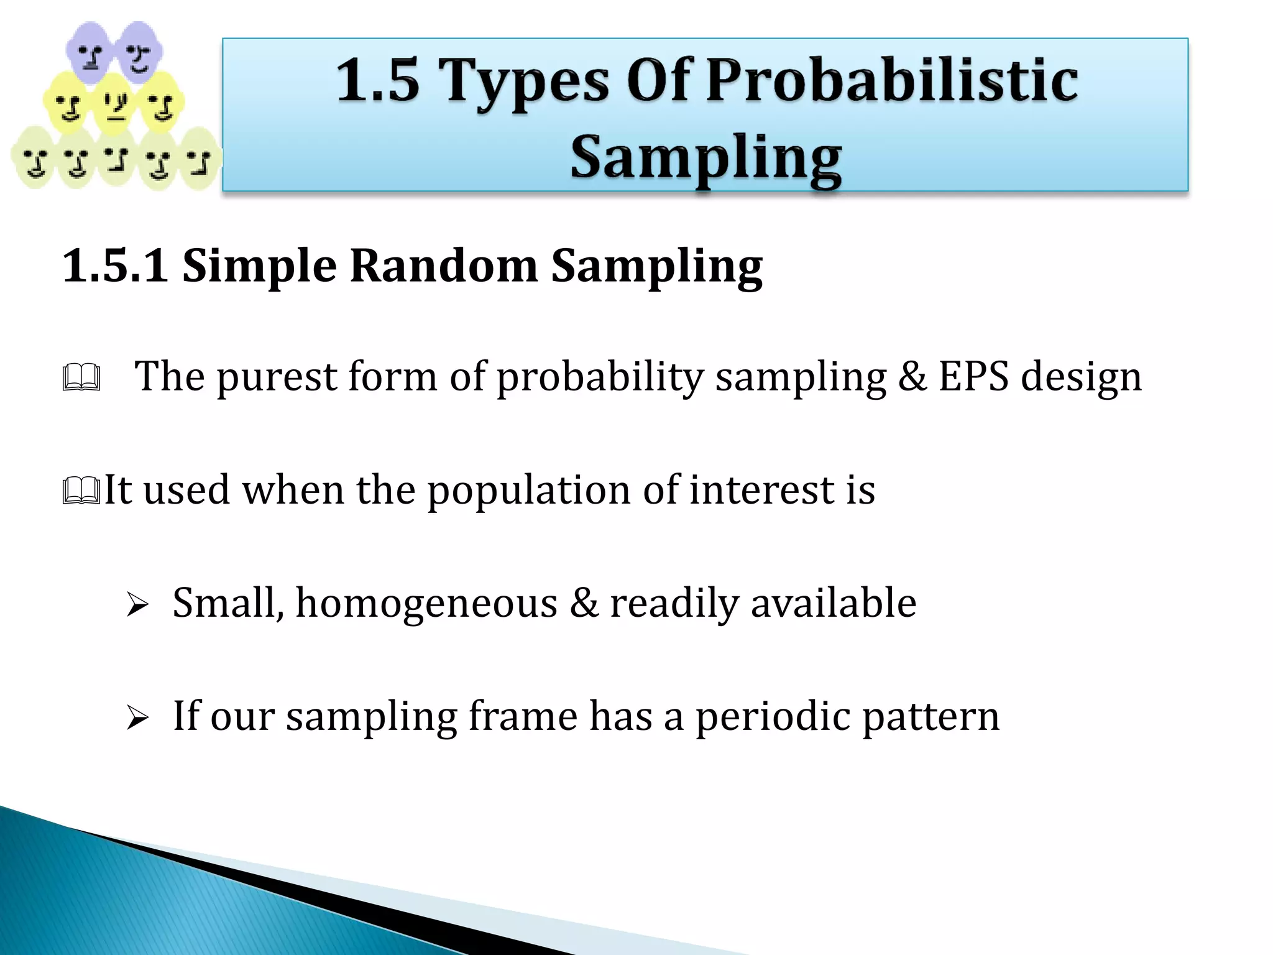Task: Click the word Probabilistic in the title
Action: pyautogui.click(x=892, y=81)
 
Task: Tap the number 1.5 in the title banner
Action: pyautogui.click(x=378, y=81)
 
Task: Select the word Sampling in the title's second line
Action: pyautogui.click(x=706, y=158)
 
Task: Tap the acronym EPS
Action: pyautogui.click(x=973, y=377)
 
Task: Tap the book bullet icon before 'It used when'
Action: pyautogui.click(x=81, y=491)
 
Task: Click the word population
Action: pyautogui.click(x=528, y=491)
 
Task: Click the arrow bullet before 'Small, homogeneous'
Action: pyautogui.click(x=137, y=604)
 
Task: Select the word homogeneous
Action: pyautogui.click(x=426, y=604)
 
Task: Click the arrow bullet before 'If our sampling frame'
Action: pyautogui.click(x=137, y=717)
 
